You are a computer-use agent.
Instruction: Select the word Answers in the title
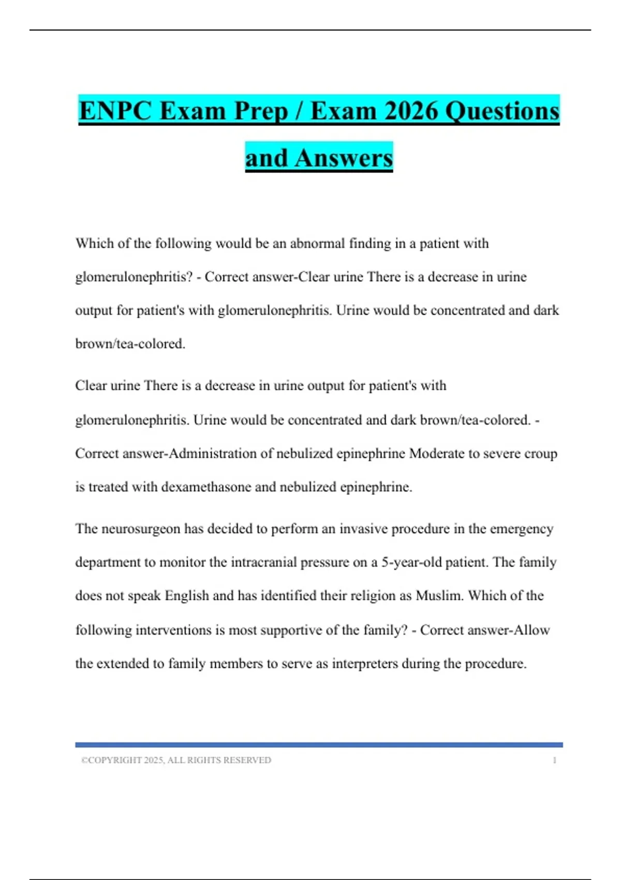coord(344,158)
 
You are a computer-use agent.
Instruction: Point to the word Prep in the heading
coord(260,111)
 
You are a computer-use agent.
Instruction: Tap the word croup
coord(541,453)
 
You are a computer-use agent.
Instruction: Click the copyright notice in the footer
coord(176,760)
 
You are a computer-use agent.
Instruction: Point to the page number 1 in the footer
coord(554,760)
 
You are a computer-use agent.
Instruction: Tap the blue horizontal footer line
coord(319,745)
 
